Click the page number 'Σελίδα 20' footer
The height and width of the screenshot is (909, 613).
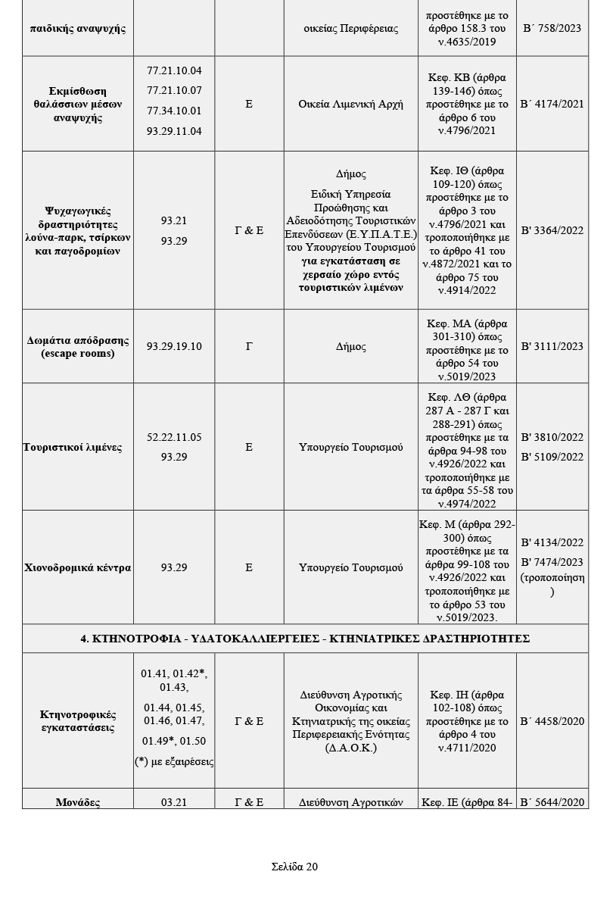pyautogui.click(x=294, y=867)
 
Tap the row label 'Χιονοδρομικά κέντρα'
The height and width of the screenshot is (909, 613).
pyautogui.click(x=78, y=567)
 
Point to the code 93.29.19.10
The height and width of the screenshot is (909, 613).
pyautogui.click(x=174, y=346)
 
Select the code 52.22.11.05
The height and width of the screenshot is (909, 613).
pyautogui.click(x=174, y=437)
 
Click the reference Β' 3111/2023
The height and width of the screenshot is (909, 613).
pyautogui.click(x=552, y=346)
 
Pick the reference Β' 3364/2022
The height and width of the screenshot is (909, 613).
pyautogui.click(x=552, y=230)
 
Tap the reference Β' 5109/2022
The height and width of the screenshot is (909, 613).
pyautogui.click(x=552, y=457)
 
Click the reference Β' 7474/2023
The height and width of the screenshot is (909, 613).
pyautogui.click(x=552, y=562)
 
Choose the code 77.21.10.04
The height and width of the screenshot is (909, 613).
pyautogui.click(x=174, y=70)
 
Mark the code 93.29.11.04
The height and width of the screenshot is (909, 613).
pyautogui.click(x=174, y=131)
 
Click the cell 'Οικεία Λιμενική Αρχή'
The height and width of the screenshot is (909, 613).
pyautogui.click(x=351, y=104)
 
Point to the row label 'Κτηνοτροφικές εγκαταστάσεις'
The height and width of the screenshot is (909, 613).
pyautogui.click(x=78, y=721)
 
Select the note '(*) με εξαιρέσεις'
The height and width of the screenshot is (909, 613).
pyautogui.click(x=174, y=761)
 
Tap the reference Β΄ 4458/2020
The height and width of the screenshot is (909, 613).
pyautogui.click(x=552, y=721)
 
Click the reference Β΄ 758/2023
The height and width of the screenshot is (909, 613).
pyautogui.click(x=552, y=28)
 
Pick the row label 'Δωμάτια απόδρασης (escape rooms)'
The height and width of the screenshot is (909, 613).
pyautogui.click(x=78, y=346)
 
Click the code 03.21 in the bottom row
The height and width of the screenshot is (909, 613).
pyautogui.click(x=174, y=802)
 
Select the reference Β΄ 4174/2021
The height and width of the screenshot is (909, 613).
pyautogui.click(x=552, y=104)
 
